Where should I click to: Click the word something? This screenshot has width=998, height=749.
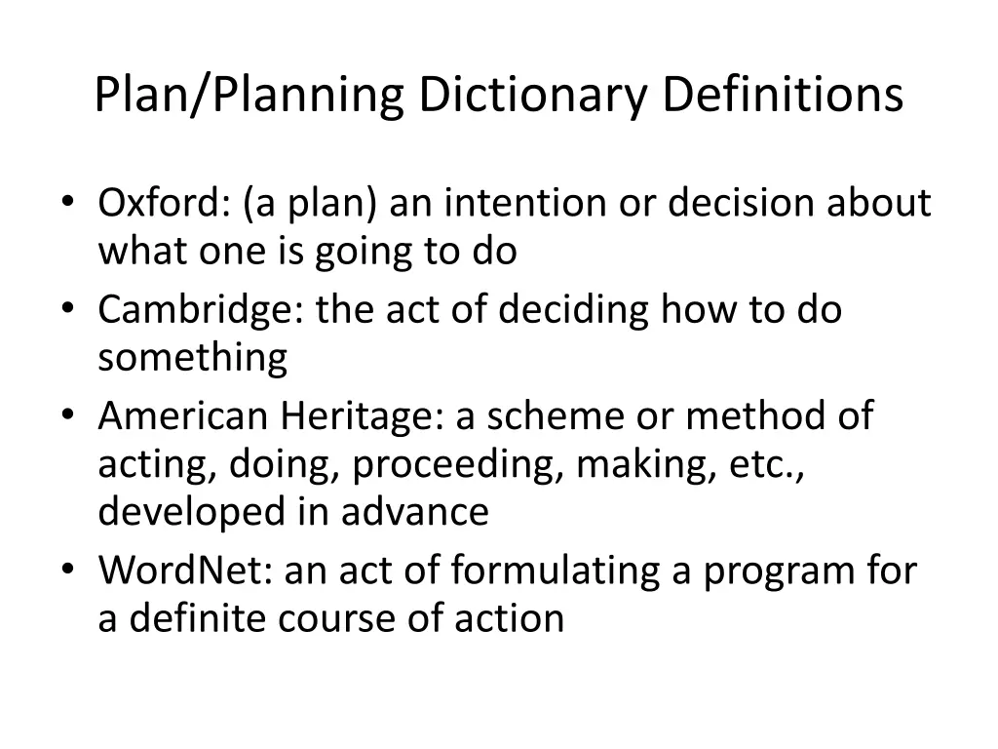point(192,358)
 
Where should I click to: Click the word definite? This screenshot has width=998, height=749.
point(190,618)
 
